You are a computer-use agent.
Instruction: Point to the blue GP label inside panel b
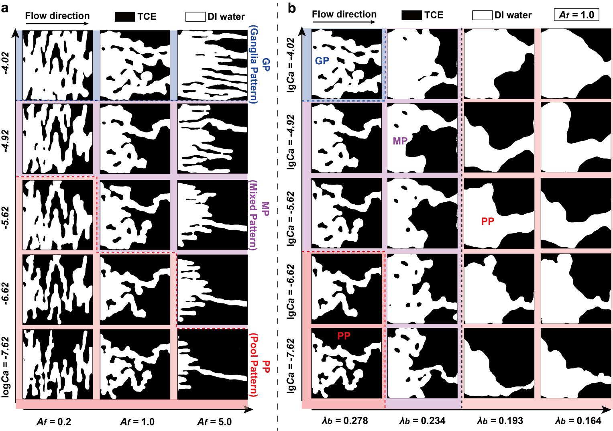(x=322, y=61)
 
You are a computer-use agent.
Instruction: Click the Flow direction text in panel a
(x=57, y=16)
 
